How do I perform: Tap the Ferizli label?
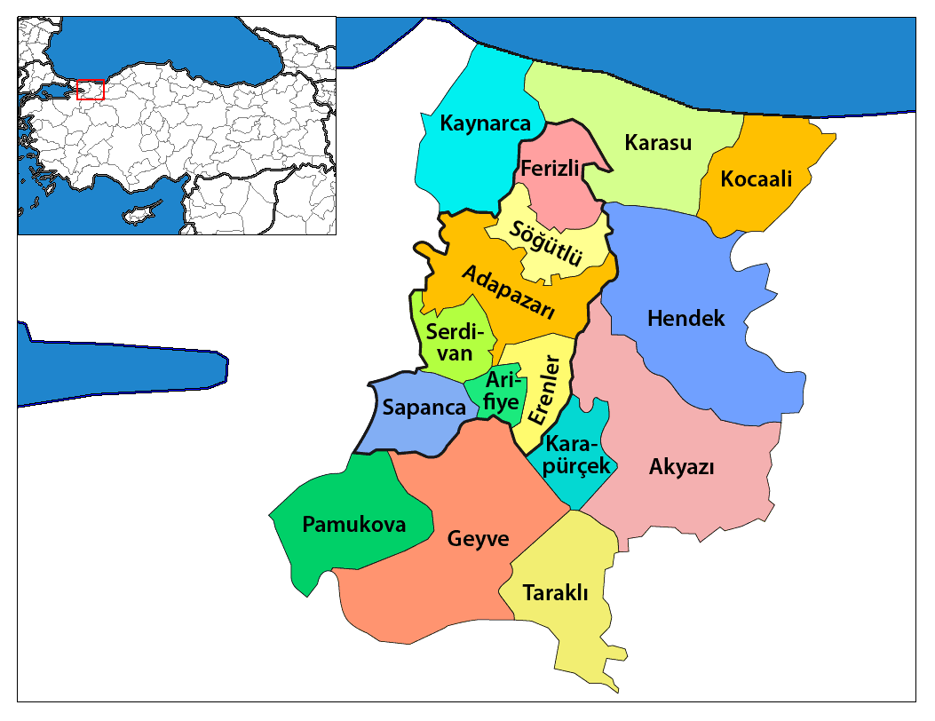coord(550,168)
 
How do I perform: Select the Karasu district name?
coord(657,142)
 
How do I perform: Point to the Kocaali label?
coord(756,178)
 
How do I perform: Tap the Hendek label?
coord(686,318)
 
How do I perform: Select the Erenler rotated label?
coord(543,391)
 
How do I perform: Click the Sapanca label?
coord(424,408)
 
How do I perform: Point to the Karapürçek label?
coord(577,455)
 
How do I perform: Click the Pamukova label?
coord(353,525)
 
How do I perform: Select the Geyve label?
coord(479,539)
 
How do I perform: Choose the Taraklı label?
coord(556,592)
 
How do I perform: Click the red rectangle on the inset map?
coord(90,90)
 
